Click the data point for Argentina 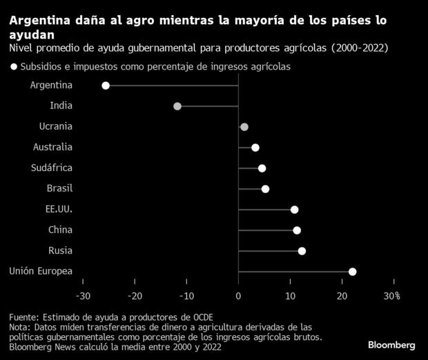point(106,86)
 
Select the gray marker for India point(177,106)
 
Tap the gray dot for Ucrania point(244,127)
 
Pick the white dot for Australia point(255,148)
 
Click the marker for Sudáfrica point(262,168)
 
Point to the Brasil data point point(265,189)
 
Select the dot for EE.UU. point(294,210)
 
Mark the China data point point(297,230)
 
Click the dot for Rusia point(302,251)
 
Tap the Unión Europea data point point(352,272)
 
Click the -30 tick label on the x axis point(83,296)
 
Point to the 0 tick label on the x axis point(238,296)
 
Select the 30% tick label point(392,296)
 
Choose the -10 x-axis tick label point(186,296)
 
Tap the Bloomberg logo point(391,344)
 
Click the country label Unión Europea point(40,271)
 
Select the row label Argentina point(52,85)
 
